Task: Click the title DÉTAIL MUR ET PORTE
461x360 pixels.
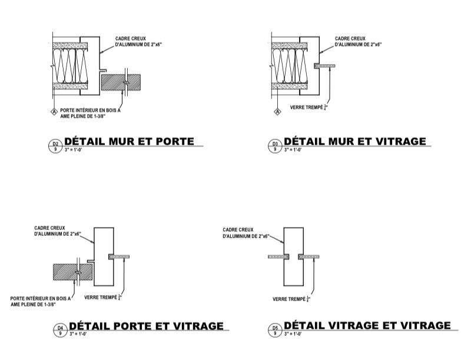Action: (129, 141)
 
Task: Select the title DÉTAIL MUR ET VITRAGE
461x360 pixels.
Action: (354, 141)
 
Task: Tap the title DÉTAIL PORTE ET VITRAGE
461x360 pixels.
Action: (147, 326)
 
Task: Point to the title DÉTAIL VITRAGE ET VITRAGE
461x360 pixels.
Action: (367, 325)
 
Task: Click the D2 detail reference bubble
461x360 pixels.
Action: (56, 145)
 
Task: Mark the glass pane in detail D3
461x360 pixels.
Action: (325, 65)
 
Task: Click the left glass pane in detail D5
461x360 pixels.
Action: (278, 256)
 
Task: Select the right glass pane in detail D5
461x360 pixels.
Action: (309, 256)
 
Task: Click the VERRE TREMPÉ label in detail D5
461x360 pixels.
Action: (291, 299)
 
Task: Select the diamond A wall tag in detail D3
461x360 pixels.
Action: (277, 111)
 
